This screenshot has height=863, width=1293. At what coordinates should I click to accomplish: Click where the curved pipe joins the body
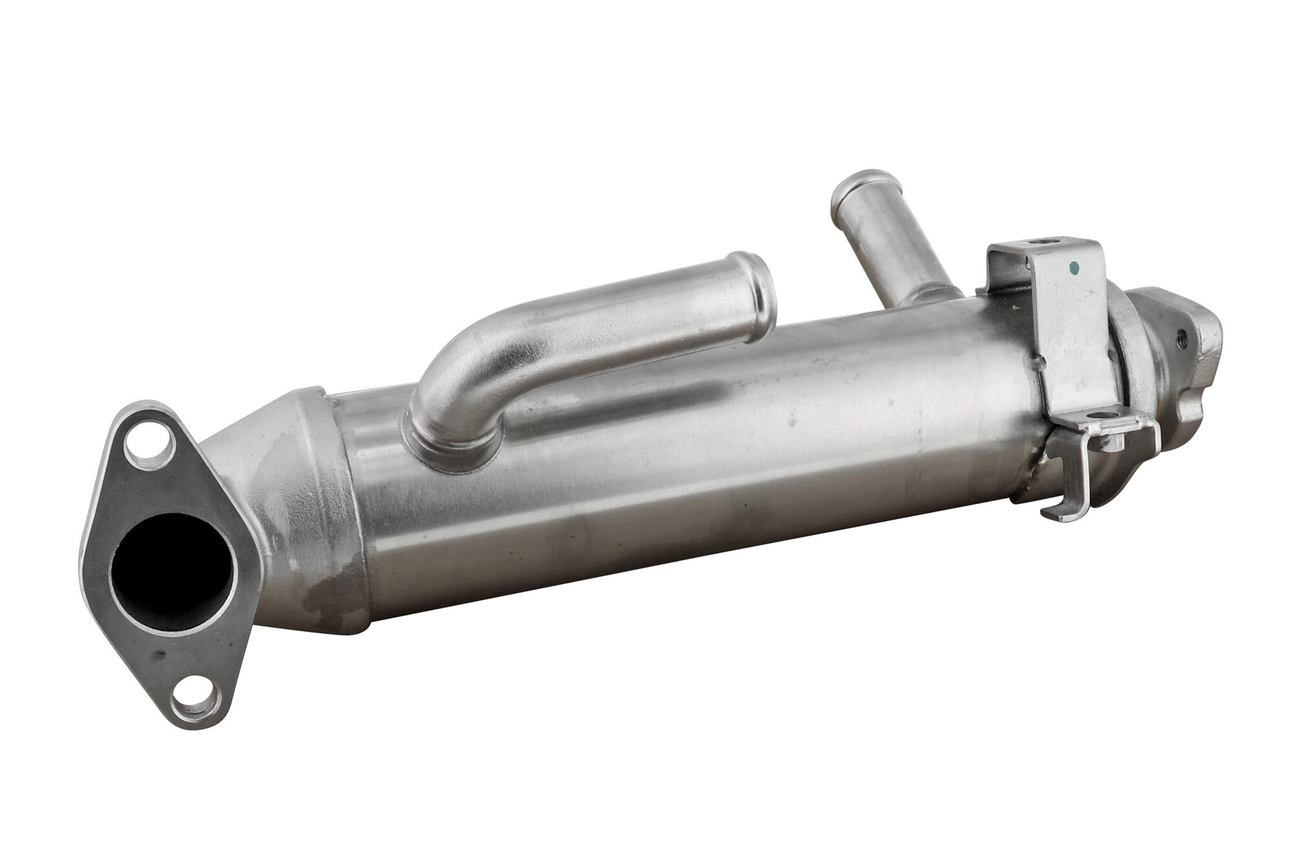[x=453, y=446]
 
